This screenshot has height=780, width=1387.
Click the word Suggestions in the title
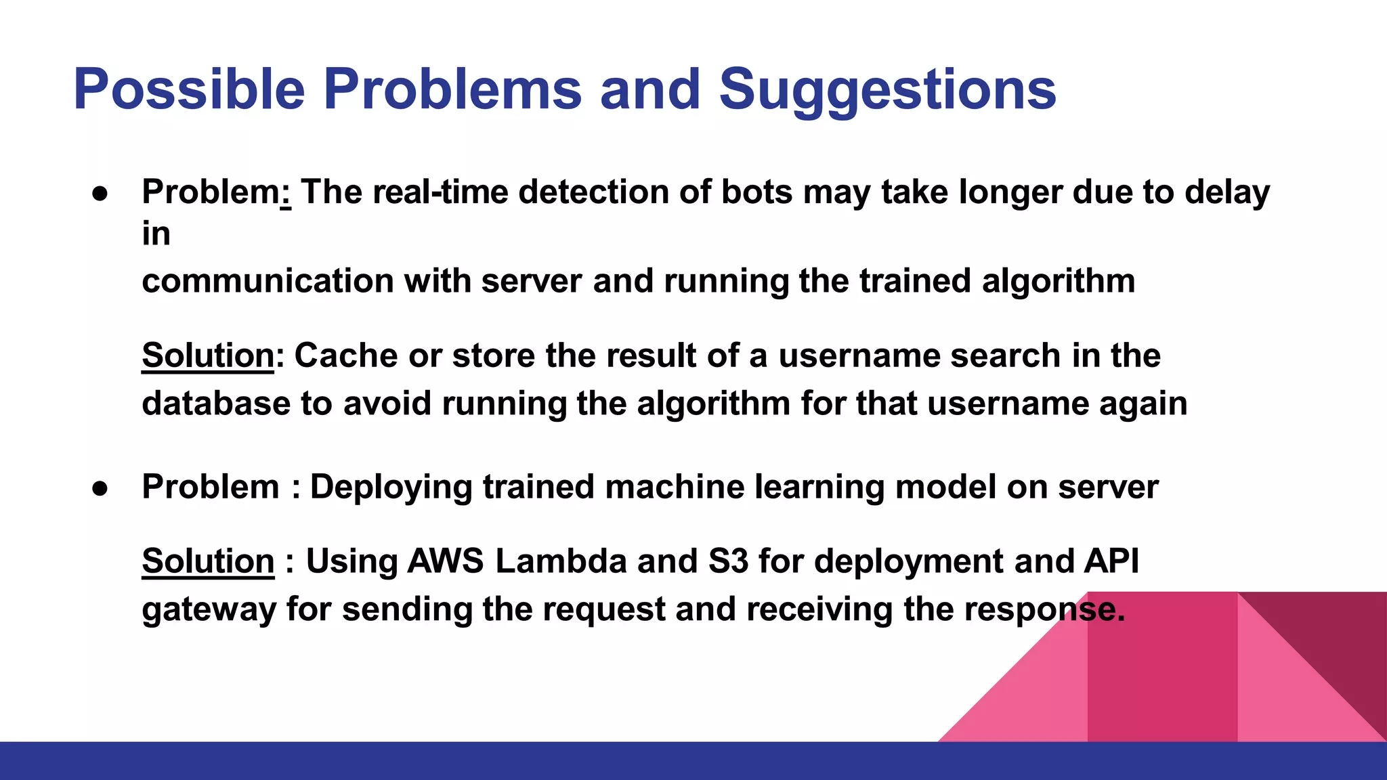pos(887,89)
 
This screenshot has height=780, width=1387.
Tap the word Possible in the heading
pos(190,89)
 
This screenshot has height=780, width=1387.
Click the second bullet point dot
pos(100,488)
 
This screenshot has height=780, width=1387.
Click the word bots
pos(756,192)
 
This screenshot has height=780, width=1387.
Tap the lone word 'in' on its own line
pos(156,234)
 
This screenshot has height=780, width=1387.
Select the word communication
pos(268,281)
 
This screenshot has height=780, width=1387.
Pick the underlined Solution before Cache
pos(208,355)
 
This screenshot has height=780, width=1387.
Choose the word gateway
pos(209,609)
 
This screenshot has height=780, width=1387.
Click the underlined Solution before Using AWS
pos(208,561)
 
